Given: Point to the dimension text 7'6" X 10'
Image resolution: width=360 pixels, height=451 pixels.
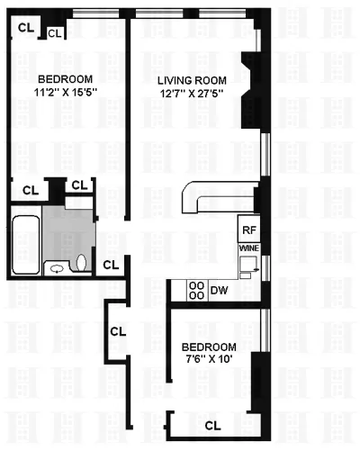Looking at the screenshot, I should pos(209,360).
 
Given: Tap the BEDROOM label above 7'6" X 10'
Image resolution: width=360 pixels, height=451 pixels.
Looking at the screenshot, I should pos(209,347).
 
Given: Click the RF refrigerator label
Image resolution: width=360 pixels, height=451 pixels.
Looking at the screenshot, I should pos(249,230).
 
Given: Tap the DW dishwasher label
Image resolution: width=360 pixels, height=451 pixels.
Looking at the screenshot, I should pos(218,291).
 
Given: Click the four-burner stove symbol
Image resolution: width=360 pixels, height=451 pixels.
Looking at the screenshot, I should pos(194,290).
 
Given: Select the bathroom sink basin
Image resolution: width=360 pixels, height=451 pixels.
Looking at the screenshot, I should pos(57,267).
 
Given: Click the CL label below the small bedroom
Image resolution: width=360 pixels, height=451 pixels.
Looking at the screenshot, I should pos(212,425).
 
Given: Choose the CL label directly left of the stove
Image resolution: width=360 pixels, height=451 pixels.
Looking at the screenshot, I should pos(117,330).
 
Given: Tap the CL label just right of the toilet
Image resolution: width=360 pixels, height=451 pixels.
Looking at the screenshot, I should pos(111,265).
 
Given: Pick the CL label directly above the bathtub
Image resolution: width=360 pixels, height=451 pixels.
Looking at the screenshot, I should pos(30,190).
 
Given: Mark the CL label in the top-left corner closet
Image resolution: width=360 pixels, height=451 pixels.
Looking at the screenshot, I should pos(27,27).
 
